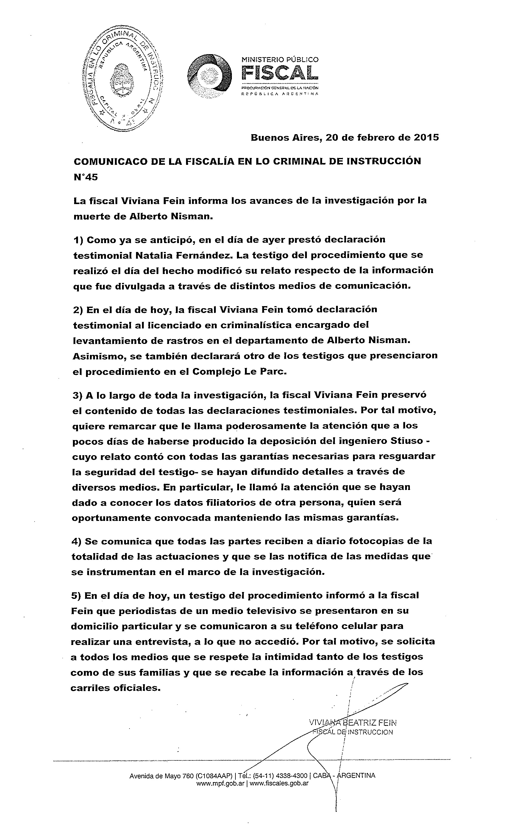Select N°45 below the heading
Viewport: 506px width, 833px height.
tap(86, 177)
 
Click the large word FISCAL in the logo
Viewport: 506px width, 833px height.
tap(280, 73)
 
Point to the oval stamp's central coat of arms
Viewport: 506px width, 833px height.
tap(121, 80)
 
